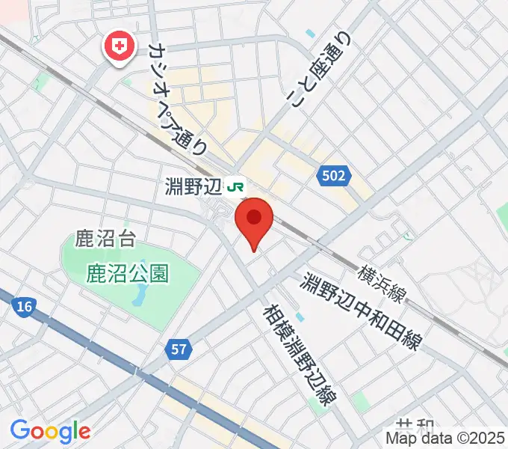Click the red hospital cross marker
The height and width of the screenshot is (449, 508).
[119, 47]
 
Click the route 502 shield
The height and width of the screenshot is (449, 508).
[334, 177]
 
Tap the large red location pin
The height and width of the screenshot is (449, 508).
[254, 222]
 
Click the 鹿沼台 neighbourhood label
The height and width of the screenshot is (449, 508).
[105, 239]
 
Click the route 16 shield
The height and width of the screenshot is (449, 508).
[23, 306]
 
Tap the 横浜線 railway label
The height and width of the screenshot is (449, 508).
[381, 284]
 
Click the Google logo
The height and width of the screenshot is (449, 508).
[50, 430]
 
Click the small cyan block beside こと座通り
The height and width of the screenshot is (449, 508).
[310, 33]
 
